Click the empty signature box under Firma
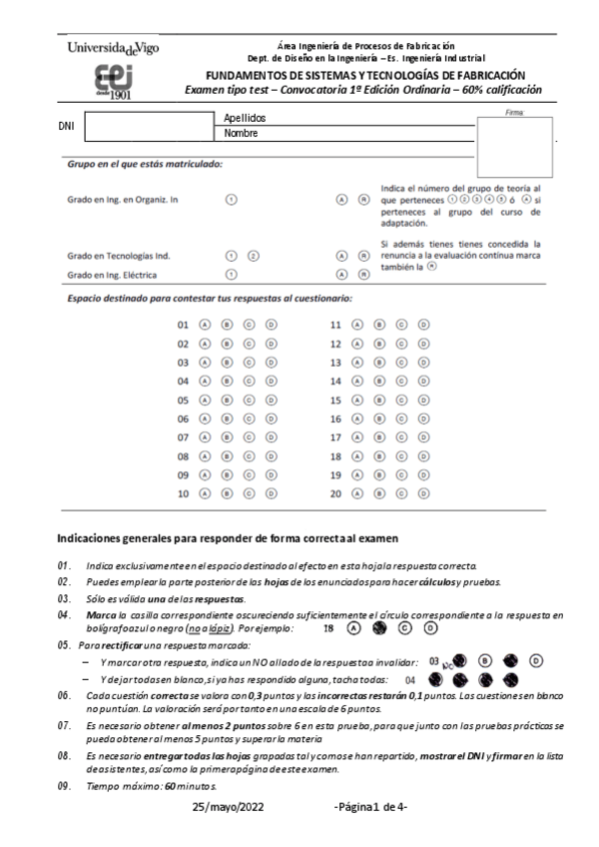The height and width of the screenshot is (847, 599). [514, 147]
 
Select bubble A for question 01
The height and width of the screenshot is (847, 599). [204, 326]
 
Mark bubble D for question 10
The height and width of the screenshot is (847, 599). [271, 494]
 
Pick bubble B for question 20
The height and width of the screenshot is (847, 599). [380, 494]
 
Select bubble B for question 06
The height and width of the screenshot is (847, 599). [227, 420]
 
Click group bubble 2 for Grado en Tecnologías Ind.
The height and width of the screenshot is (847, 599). [253, 255]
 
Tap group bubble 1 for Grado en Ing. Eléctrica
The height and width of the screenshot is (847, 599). [231, 274]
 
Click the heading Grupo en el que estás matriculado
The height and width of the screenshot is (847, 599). [145, 165]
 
